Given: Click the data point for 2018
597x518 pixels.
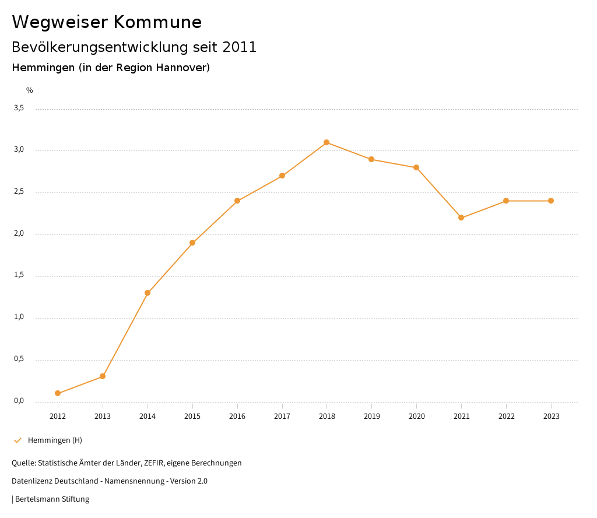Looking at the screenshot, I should (326, 142).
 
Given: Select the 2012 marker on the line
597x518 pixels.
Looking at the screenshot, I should (58, 393).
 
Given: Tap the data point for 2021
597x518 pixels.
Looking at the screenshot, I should (461, 218).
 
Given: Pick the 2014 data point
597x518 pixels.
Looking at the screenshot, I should (148, 293).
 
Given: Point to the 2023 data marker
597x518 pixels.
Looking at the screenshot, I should (551, 201).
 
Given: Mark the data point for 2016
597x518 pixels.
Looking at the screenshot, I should (237, 201).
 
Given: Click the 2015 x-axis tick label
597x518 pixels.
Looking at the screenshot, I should (192, 416).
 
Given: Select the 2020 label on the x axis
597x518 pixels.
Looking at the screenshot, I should (416, 416).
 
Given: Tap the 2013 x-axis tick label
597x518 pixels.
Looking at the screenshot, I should (103, 416).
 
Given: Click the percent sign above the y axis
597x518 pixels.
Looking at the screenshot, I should (30, 90).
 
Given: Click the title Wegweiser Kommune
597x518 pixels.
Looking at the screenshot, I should (107, 22).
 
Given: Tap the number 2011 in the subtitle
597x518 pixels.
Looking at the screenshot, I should (240, 47).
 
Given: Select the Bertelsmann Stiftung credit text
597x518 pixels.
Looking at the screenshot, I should (52, 499).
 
